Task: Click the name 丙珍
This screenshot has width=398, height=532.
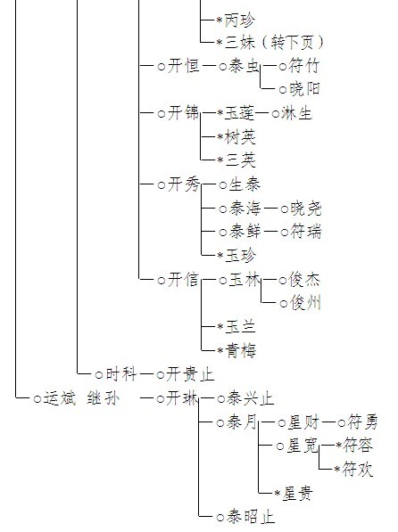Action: (x=240, y=20)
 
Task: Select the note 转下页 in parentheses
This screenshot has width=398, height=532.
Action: (x=293, y=43)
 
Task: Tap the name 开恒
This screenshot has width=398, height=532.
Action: (x=183, y=65)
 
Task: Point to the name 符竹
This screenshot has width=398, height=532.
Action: (x=303, y=65)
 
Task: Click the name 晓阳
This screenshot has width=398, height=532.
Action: (x=304, y=88)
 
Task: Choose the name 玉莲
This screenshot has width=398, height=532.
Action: (x=240, y=113)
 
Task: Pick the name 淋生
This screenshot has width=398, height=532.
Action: (x=296, y=113)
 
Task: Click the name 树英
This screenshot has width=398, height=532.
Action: (x=240, y=137)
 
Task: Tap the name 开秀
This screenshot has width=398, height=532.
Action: (x=183, y=184)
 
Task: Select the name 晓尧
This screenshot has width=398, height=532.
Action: (x=305, y=209)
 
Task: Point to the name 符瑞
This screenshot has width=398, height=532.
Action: (x=305, y=232)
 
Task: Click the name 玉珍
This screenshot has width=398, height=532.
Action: (x=241, y=256)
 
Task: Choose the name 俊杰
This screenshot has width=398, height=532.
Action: (x=304, y=280)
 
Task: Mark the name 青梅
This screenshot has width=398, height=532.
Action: (x=241, y=350)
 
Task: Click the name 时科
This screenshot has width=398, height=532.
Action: (x=121, y=374)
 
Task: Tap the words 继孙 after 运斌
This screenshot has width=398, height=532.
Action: (x=103, y=398)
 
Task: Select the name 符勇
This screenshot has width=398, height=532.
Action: (x=362, y=422)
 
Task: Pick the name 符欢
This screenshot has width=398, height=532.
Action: (x=358, y=470)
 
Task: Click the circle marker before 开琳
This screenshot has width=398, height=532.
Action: (x=161, y=399)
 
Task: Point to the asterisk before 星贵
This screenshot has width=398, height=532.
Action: (x=278, y=494)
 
